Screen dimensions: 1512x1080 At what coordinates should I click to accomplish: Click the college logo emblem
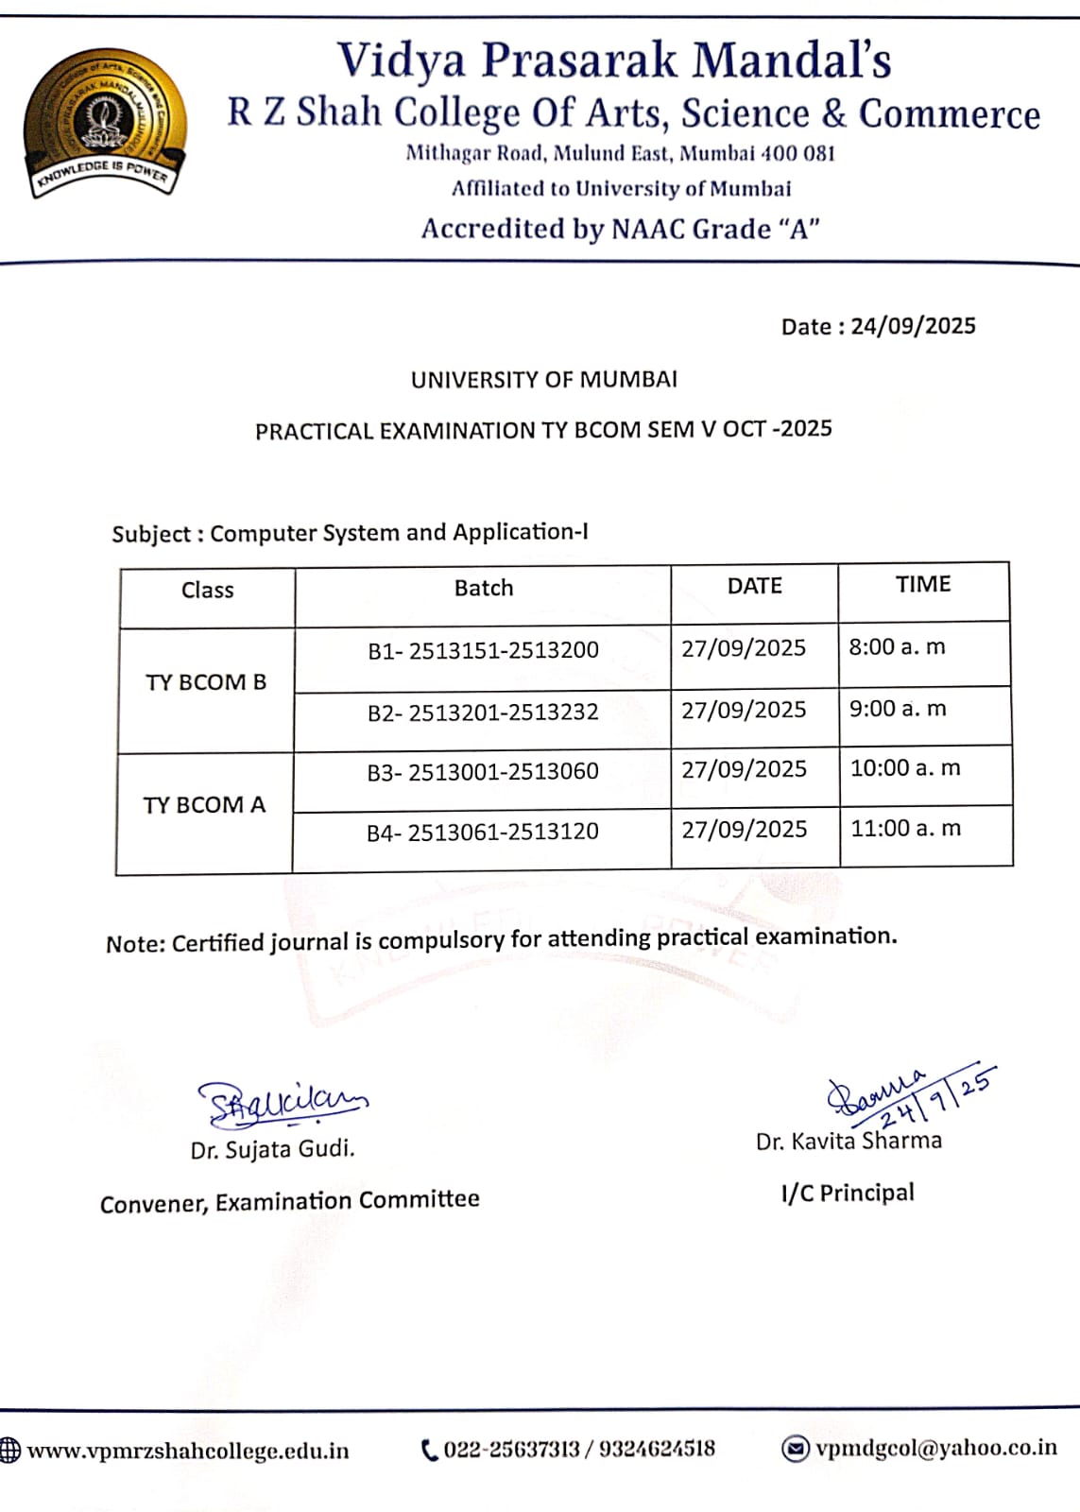[x=103, y=123]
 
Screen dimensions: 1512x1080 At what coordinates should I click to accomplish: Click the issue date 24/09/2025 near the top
[x=913, y=326]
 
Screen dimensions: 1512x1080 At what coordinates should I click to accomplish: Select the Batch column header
[x=484, y=588]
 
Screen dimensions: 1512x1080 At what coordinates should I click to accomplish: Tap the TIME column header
[x=923, y=584]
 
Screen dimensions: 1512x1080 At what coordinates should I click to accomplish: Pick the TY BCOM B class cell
[x=206, y=682]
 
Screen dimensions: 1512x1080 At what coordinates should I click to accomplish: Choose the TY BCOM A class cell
[x=204, y=805]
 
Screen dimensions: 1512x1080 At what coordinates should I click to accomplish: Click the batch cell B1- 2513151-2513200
[x=483, y=650]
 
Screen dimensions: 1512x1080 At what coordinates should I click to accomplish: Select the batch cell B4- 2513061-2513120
[x=482, y=832]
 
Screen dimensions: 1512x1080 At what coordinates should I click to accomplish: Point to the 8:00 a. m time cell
[x=897, y=647]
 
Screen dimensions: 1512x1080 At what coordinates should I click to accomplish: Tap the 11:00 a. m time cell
[x=905, y=829]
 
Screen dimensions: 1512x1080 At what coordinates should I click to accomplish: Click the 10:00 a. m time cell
[x=905, y=768]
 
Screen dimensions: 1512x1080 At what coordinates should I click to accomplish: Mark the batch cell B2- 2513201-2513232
[x=483, y=712]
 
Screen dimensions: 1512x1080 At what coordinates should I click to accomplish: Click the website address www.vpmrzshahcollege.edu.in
[x=188, y=1451]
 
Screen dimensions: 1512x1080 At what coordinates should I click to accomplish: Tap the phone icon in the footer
[x=429, y=1450]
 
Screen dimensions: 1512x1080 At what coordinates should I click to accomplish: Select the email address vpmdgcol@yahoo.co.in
[x=936, y=1448]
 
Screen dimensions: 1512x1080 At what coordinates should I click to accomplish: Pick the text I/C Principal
[x=848, y=1193]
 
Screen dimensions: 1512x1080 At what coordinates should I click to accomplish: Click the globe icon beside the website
[x=9, y=1451]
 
